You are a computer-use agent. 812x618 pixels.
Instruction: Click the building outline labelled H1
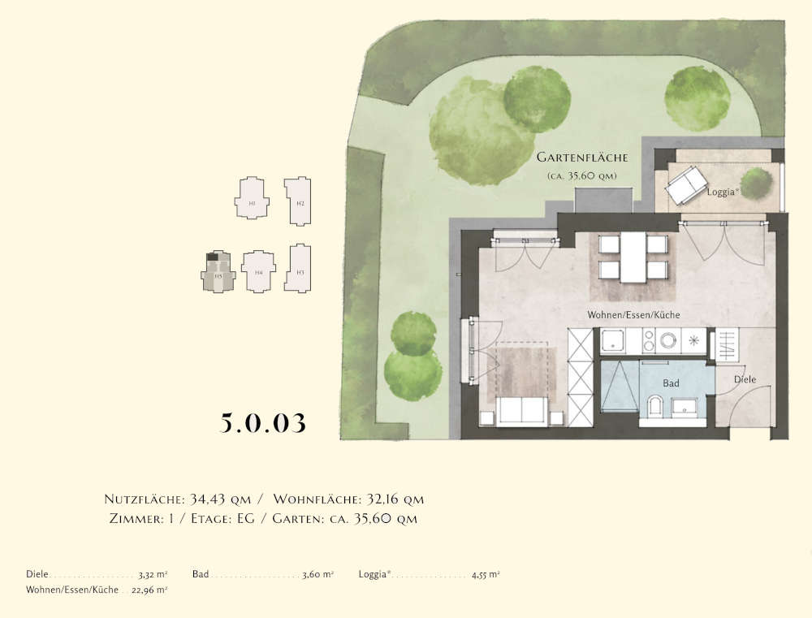252,199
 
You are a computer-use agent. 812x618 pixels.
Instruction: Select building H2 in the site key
299,199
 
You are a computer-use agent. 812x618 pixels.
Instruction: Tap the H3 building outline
299,268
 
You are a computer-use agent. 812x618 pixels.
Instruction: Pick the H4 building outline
259,270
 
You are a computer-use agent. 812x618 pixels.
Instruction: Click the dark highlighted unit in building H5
214,258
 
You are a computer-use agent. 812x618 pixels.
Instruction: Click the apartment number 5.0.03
263,423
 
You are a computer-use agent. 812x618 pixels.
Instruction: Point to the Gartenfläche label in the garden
581,158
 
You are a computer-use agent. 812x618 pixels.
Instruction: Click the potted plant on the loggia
756,183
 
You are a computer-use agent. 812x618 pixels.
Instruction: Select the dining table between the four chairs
633,257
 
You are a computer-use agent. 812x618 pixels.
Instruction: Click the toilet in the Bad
655,404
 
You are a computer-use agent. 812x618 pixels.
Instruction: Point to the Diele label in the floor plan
745,378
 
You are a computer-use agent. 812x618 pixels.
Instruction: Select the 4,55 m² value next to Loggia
486,574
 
